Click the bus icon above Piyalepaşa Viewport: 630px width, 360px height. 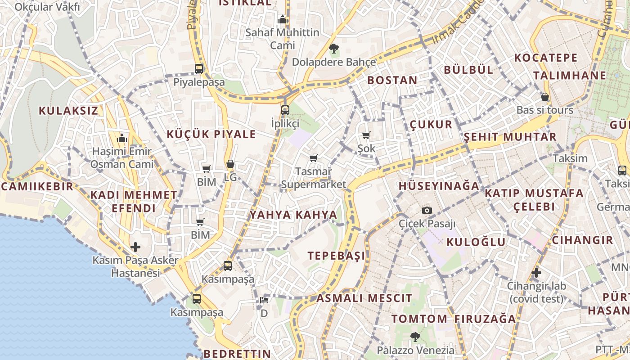(199, 69)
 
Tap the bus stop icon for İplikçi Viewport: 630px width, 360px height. (285, 110)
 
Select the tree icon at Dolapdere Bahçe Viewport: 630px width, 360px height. (334, 49)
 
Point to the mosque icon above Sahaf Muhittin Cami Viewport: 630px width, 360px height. (283, 19)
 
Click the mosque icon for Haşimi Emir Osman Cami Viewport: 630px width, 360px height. (122, 138)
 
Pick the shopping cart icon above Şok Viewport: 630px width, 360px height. (366, 135)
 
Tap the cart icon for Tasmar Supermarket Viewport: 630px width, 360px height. (314, 158)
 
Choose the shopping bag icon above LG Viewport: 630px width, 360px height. (230, 164)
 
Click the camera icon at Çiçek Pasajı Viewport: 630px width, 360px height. (427, 210)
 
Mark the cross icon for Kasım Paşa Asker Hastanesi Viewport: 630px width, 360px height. (135, 247)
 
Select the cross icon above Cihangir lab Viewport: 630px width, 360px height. (536, 272)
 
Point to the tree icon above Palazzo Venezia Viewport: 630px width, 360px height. (415, 337)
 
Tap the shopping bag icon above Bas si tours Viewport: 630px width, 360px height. (545, 97)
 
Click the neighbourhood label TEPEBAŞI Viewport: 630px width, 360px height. (337, 256)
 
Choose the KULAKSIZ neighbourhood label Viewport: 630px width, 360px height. (68, 111)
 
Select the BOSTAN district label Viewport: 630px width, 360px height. (392, 81)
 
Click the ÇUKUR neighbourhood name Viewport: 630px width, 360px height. (431, 125)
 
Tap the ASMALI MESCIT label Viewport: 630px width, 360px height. (364, 298)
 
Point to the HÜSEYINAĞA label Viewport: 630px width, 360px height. (439, 185)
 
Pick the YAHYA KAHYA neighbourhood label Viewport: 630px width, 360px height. (293, 215)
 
